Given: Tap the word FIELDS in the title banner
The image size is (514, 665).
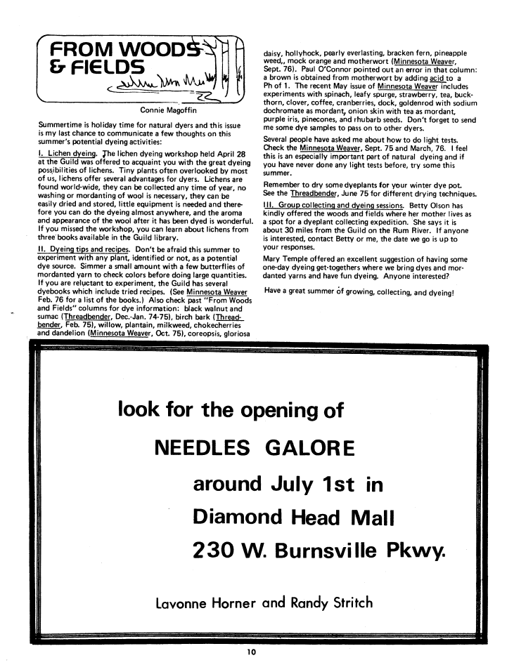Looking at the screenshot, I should pyautogui.click(x=106, y=69).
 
